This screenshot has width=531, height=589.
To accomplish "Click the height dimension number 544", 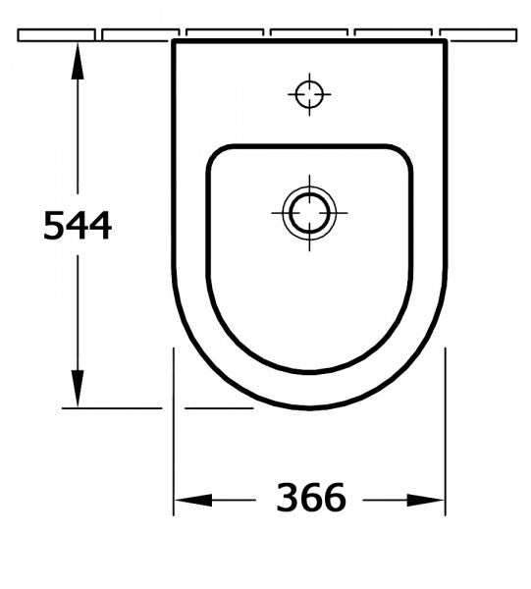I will coord(78,227).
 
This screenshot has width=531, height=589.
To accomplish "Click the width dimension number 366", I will coord(311,499).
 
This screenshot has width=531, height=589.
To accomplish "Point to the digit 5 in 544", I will coord(55,227).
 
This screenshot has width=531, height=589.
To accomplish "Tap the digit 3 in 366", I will coord(288,499).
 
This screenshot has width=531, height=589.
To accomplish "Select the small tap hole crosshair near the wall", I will coord(310,94).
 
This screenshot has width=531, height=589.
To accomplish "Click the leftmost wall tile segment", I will coord(57,34).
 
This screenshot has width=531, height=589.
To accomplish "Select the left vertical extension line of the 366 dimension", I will coord(174,432).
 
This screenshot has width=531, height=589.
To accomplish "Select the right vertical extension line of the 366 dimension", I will coord(448,432).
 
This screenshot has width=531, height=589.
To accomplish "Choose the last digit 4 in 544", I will coord(100,227).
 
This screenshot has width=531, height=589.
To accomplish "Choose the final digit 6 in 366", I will coord(335,499).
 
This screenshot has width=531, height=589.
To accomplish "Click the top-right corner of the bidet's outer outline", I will coord(445,43).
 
